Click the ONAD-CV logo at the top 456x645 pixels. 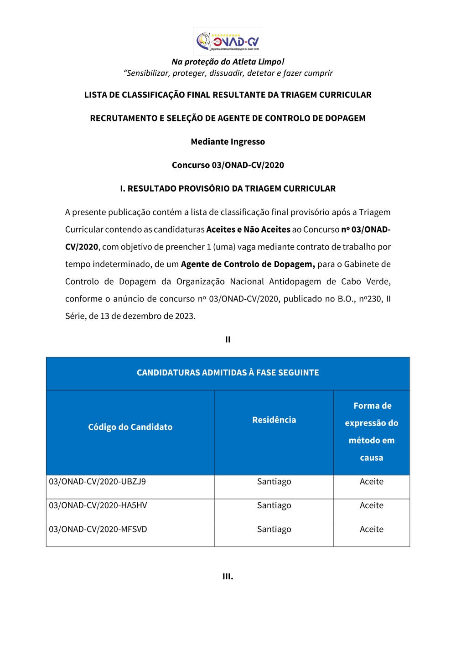click(x=228, y=41)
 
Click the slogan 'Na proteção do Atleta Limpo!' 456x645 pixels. click(x=228, y=62)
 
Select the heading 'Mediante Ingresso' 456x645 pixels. click(x=228, y=141)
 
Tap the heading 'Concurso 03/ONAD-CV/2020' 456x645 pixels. click(x=228, y=165)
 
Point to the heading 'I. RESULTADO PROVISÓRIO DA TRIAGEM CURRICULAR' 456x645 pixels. click(x=228, y=188)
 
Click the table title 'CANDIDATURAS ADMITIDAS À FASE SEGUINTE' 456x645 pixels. click(x=228, y=373)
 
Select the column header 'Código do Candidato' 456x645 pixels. click(x=130, y=427)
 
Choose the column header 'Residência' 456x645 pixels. click(x=274, y=420)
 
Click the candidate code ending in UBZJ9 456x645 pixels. click(x=97, y=482)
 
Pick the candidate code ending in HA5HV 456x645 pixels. click(x=98, y=505)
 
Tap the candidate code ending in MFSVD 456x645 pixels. click(x=98, y=529)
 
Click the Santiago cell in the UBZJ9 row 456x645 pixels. click(x=274, y=482)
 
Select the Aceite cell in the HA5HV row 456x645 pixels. click(x=371, y=505)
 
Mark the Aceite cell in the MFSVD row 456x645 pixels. click(x=371, y=529)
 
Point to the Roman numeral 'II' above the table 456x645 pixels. click(x=228, y=339)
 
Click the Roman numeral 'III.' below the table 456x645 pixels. click(x=228, y=577)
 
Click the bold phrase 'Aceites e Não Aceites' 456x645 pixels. click(x=248, y=229)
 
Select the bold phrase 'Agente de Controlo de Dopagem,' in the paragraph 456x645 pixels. click(x=248, y=264)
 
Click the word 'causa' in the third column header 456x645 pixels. click(x=371, y=458)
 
